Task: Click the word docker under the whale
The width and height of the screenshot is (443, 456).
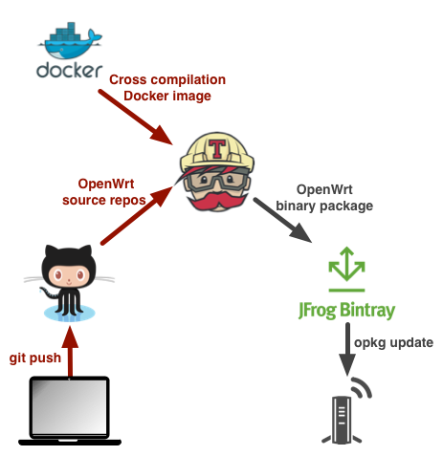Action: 70,70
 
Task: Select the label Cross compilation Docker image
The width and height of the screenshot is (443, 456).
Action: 167,88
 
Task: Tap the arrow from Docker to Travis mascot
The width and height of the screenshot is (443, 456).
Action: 136,118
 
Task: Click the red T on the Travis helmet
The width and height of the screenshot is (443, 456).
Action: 217,148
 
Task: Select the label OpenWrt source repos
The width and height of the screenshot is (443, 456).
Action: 104,192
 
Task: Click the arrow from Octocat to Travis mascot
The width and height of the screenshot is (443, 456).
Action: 137,216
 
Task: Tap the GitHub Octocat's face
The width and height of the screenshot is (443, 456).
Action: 69,274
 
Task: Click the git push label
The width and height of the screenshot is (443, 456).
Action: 35,358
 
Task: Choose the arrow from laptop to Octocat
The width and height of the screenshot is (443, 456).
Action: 70,352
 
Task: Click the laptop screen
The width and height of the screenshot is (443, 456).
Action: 70,406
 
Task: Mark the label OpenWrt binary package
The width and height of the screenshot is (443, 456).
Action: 324,198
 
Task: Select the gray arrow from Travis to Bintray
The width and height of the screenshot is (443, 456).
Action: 282,220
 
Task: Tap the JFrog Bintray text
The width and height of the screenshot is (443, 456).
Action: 347,310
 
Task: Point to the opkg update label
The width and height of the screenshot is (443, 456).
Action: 393,342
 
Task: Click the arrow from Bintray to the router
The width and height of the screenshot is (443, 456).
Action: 347,349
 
